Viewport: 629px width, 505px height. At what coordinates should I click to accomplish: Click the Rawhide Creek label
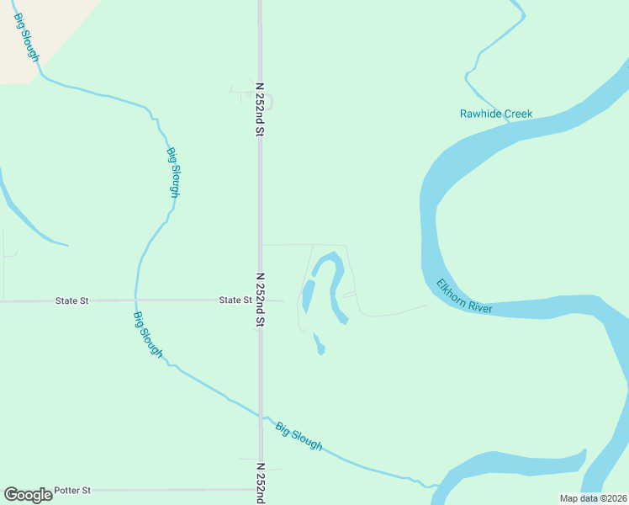tap(496, 114)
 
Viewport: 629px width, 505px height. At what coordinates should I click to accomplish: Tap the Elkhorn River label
tap(464, 297)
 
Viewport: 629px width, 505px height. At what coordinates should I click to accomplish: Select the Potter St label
tap(72, 490)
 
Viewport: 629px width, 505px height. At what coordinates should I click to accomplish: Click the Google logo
tap(28, 495)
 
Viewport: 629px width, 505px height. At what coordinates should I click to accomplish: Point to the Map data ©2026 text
tap(594, 498)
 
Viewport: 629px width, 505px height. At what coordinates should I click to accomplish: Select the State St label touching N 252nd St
tap(235, 300)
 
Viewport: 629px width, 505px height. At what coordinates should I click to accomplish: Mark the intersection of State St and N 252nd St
tap(261, 300)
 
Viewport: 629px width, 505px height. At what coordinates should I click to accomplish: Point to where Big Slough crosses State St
tap(135, 300)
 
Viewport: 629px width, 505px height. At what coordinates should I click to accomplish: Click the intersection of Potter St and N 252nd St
tap(261, 489)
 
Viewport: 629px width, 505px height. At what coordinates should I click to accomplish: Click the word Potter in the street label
tap(67, 490)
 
